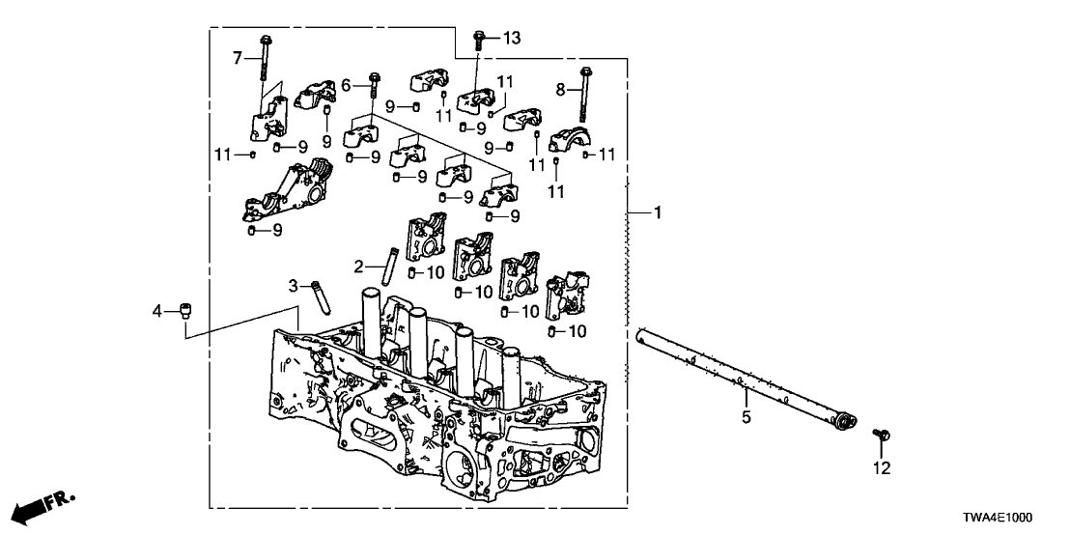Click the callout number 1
659,211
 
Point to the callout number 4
157,310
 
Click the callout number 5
746,418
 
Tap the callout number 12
882,469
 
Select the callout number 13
511,38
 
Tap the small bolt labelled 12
881,437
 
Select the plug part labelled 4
184,311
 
